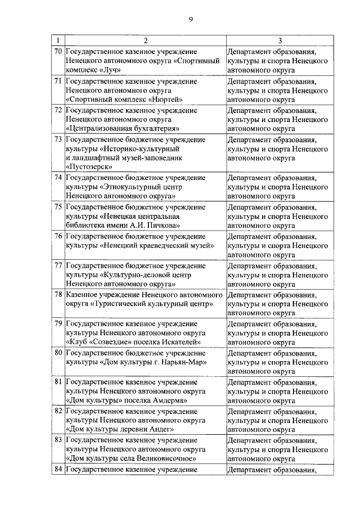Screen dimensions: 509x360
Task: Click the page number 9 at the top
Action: point(191,20)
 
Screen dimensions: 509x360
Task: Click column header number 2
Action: point(145,40)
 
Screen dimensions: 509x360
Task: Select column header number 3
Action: point(280,40)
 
